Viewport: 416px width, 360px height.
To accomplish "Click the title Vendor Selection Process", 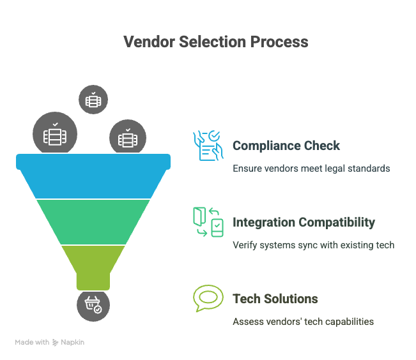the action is point(216,42).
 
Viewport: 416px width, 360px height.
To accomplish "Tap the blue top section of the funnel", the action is point(93,176).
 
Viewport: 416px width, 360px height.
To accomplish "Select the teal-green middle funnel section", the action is point(93,222).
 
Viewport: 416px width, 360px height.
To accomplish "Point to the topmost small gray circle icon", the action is point(93,100).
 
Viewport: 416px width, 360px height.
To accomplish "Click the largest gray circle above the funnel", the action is point(55,133).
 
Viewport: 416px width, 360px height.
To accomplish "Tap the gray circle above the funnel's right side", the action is point(128,137).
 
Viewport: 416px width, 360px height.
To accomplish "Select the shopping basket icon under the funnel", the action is point(93,305).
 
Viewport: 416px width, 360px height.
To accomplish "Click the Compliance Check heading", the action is point(286,146).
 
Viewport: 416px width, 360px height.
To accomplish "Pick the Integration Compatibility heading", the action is point(304,222).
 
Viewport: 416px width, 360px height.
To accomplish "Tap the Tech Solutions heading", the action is point(275,299).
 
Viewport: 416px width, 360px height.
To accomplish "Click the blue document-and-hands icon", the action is point(208,146).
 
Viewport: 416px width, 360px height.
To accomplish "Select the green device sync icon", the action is point(208,222).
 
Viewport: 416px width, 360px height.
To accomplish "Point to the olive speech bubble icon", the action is point(208,298).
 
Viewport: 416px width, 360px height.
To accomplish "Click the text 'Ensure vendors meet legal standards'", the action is point(311,169).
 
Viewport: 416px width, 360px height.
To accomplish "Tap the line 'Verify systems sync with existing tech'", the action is point(313,245).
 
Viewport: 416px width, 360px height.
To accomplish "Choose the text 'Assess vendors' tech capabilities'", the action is point(303,322).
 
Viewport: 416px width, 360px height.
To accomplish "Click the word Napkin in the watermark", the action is point(72,342).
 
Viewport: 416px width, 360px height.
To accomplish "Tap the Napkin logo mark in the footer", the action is point(55,343).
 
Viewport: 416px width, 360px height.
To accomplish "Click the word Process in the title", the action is point(279,42).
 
